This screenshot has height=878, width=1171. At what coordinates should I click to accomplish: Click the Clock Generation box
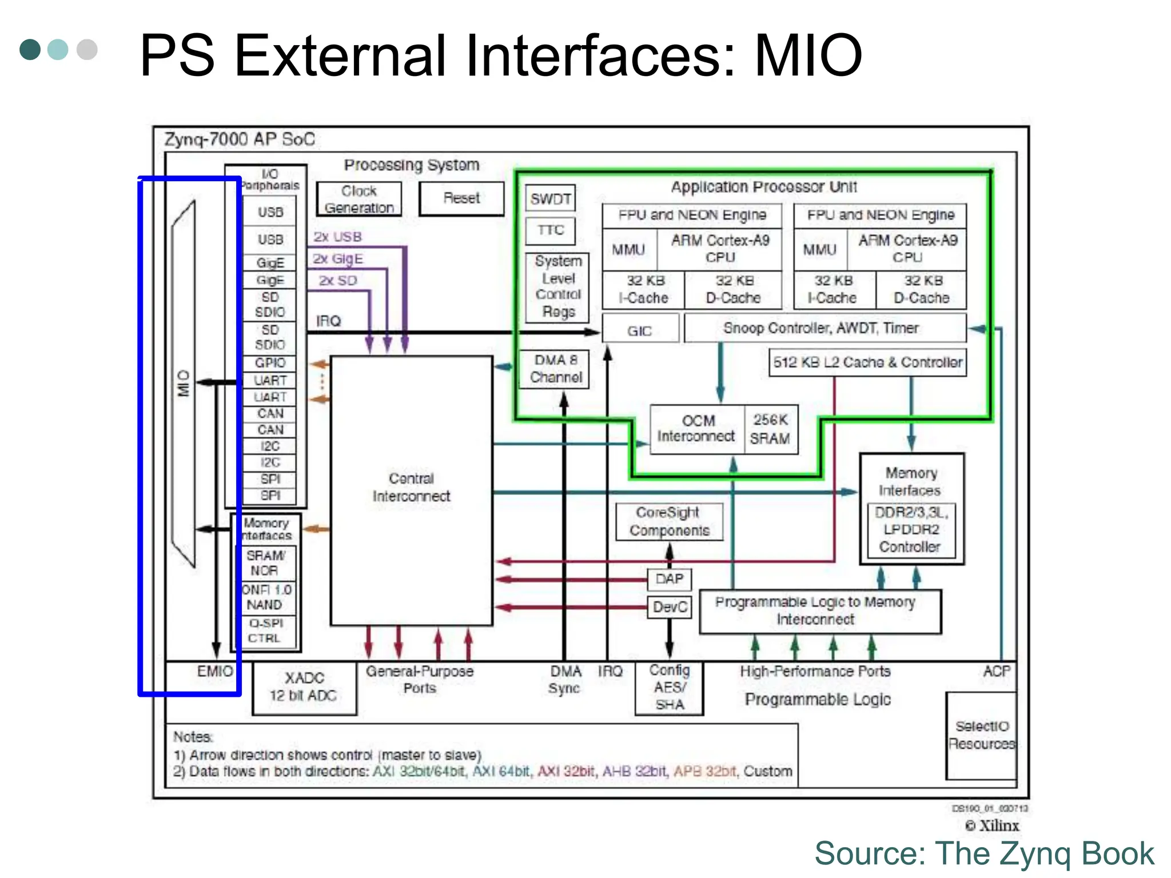click(359, 199)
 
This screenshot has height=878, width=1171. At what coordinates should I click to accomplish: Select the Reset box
click(461, 198)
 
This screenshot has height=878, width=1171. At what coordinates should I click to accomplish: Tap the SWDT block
click(550, 198)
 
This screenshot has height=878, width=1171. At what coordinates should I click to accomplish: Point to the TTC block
click(550, 230)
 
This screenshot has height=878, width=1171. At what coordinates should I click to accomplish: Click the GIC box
click(640, 330)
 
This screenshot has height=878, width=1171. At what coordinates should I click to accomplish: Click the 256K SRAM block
click(771, 429)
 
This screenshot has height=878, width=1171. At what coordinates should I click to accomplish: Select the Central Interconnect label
click(411, 487)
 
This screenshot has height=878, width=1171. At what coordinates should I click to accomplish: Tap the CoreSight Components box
click(669, 521)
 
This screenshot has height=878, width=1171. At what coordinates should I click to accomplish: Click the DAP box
click(669, 579)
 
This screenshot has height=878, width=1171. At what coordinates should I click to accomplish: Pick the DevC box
click(669, 607)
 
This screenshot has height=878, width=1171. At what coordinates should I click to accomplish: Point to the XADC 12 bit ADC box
click(304, 687)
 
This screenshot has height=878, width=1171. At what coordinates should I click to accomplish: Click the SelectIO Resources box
click(981, 735)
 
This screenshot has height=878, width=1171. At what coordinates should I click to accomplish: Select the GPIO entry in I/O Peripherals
click(270, 363)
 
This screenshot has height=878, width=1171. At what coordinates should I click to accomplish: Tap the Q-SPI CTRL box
click(265, 630)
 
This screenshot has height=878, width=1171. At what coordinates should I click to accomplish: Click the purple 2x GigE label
click(338, 259)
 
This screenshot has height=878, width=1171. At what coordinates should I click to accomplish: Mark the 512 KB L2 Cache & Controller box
click(867, 362)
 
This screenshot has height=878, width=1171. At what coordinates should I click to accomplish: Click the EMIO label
click(214, 671)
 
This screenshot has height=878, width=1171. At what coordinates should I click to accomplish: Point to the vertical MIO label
click(184, 383)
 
